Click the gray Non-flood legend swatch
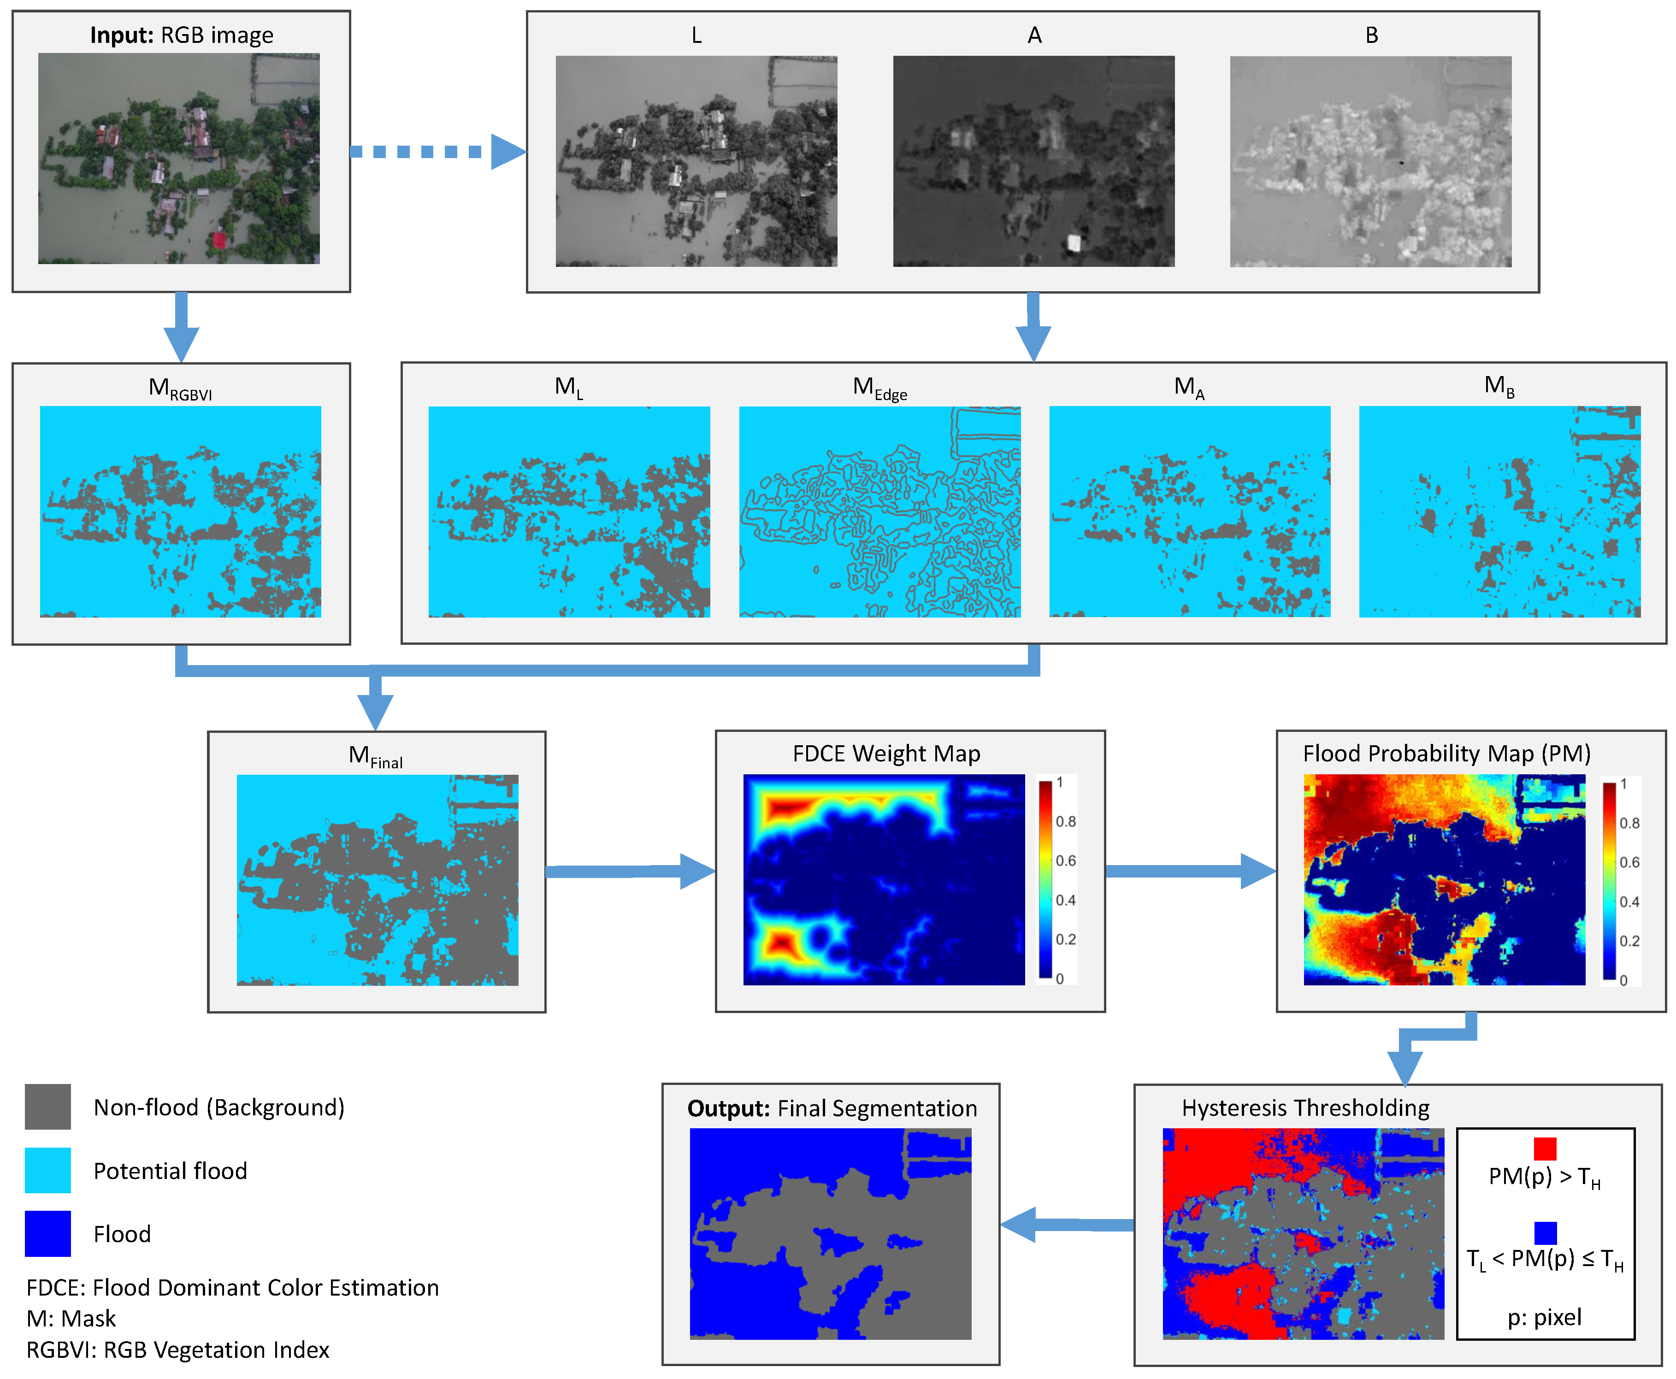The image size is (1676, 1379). coord(47,1107)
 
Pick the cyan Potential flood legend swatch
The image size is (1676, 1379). coord(47,1170)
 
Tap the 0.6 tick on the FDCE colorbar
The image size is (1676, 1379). coord(1065,860)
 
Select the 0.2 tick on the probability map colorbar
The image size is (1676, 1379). coord(1629,941)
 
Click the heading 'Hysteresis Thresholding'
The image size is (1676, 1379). coord(1305,1108)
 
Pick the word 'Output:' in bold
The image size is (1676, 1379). coord(728,1108)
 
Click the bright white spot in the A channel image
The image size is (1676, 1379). coord(1074,242)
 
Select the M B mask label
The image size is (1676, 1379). coord(1499,388)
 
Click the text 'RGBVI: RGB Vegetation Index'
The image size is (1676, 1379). coord(178,1350)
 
